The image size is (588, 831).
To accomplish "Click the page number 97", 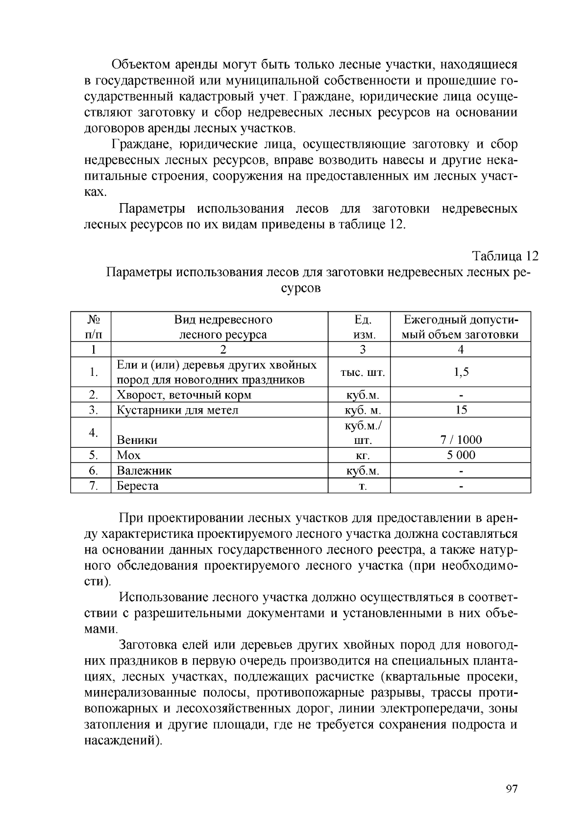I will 511,788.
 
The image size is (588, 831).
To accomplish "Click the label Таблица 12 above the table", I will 505,256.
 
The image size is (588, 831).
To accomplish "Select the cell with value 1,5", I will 461,372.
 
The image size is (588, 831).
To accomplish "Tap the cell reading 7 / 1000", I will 461,439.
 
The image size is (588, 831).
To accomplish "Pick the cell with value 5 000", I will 461,455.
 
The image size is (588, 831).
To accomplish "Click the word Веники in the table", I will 137,440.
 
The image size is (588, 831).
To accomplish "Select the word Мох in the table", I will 128,455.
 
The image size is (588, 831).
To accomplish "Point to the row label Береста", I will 137,486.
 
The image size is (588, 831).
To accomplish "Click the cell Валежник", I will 144,471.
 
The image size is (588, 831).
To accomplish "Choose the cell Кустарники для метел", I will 177,410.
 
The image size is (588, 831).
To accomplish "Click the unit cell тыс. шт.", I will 363,372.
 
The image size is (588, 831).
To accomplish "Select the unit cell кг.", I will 362,456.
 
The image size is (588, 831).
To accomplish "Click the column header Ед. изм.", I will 363,327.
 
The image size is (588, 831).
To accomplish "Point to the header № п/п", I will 93,327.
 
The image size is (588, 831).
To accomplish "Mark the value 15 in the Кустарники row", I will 461,410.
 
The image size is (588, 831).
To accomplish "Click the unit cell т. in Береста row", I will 363,486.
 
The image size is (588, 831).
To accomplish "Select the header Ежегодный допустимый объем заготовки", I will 461,327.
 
